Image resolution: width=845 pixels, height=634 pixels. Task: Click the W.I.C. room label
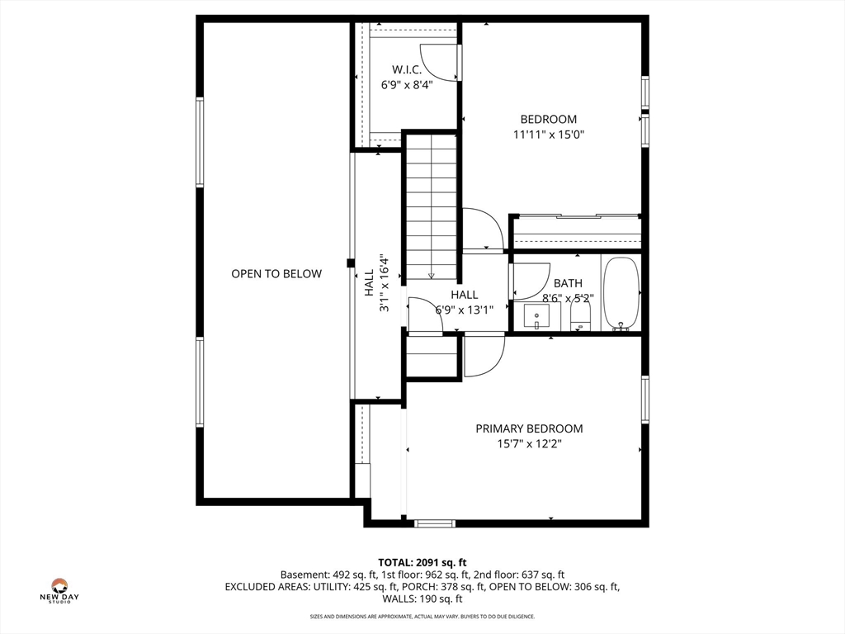pos(406,69)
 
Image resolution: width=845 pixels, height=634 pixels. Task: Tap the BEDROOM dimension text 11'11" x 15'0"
pos(549,135)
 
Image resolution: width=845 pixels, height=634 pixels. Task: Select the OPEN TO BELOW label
pos(276,274)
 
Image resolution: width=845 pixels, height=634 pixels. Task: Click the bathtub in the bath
pos(621,294)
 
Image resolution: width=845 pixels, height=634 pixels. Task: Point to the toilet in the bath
pos(580,315)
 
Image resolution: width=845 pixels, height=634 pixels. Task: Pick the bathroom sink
pos(536,316)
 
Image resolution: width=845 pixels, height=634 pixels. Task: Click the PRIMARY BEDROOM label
pos(529,428)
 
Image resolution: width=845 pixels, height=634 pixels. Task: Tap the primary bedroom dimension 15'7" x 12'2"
pos(529,444)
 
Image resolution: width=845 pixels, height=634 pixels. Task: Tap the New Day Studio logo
pos(59,590)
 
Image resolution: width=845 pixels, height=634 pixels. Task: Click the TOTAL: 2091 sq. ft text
pos(422,563)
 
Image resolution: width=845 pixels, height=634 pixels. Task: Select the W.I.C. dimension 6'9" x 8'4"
pos(407,85)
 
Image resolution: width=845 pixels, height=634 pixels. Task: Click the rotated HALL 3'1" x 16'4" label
pos(376,283)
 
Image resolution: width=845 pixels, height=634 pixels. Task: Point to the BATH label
pos(568,283)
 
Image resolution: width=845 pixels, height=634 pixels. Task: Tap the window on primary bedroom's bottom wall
pos(434,523)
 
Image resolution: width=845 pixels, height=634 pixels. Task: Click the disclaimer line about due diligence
pos(422,616)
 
